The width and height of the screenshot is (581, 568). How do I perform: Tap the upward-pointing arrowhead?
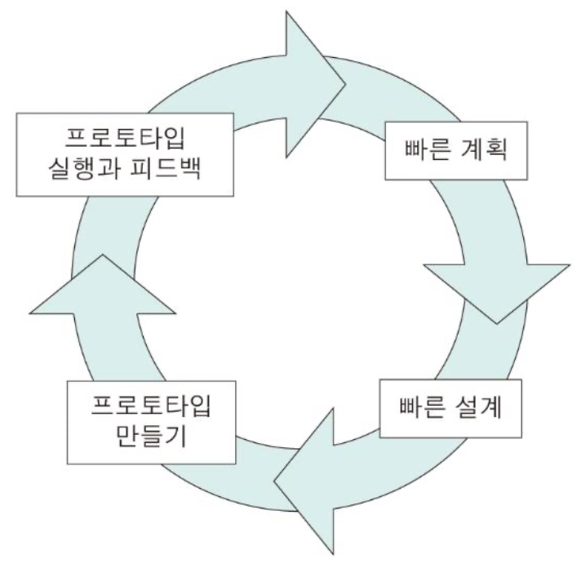(x=102, y=286)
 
